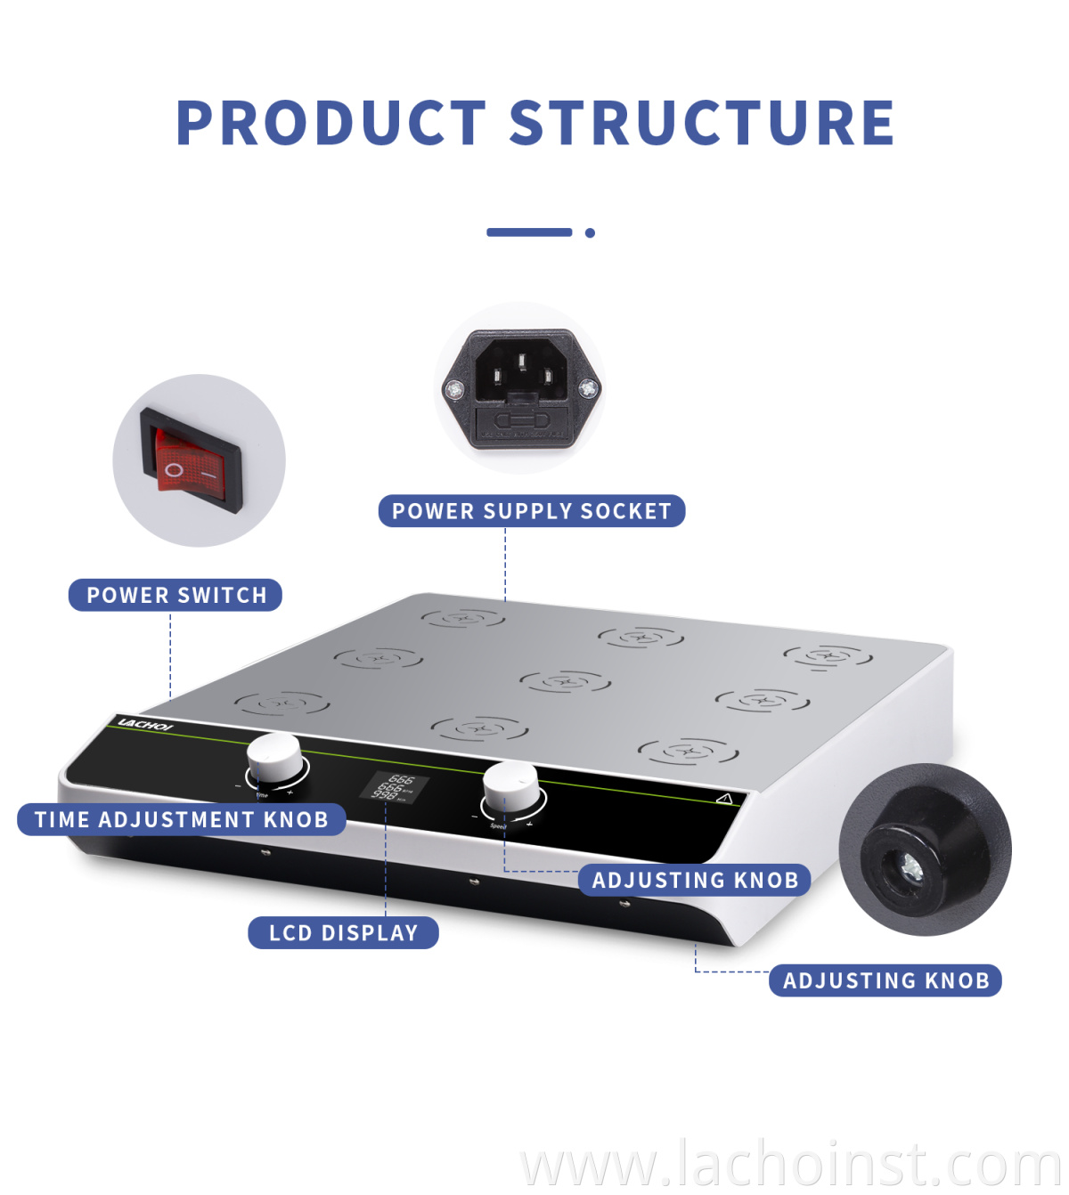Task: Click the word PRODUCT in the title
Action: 330,123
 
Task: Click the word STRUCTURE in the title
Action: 702,123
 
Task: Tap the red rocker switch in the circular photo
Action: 190,459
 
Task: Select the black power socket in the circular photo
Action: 522,388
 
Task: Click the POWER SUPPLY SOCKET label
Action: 532,511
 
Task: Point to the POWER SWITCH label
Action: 175,595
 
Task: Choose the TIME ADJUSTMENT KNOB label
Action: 181,819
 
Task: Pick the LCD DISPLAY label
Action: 343,932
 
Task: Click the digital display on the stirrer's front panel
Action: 394,787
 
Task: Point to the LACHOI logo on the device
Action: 145,725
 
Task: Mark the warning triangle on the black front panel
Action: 724,799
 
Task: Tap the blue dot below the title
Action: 590,232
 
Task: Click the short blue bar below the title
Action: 529,232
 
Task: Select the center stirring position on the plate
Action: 566,682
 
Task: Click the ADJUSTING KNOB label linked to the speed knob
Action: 695,880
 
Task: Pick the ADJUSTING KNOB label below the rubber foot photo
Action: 885,980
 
